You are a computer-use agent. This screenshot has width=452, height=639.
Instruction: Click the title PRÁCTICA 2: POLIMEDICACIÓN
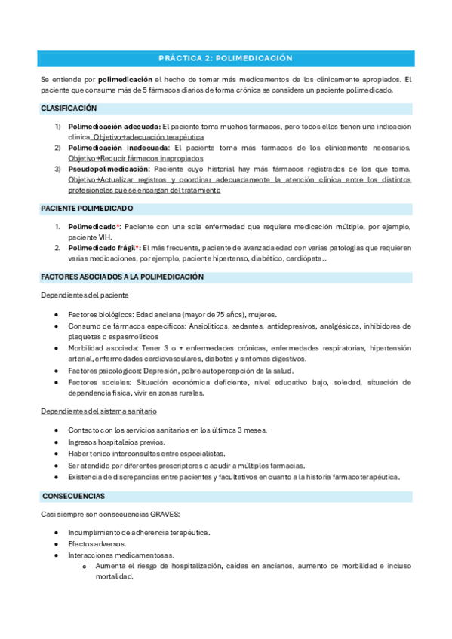pos(226,58)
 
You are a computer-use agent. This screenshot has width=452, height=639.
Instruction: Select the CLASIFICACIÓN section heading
pos(69,109)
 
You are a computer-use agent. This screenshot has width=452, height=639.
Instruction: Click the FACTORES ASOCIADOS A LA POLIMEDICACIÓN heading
pos(122,277)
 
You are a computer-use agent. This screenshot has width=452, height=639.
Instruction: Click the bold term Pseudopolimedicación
pos(109,170)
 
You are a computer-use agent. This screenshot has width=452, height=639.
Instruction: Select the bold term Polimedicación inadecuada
pos(113,148)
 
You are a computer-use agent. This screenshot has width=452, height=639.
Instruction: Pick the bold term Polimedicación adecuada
pos(114,126)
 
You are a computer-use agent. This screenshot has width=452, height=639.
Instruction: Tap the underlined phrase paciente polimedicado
pos(355,90)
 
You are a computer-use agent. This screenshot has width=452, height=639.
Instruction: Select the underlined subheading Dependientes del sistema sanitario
pos(99,411)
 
